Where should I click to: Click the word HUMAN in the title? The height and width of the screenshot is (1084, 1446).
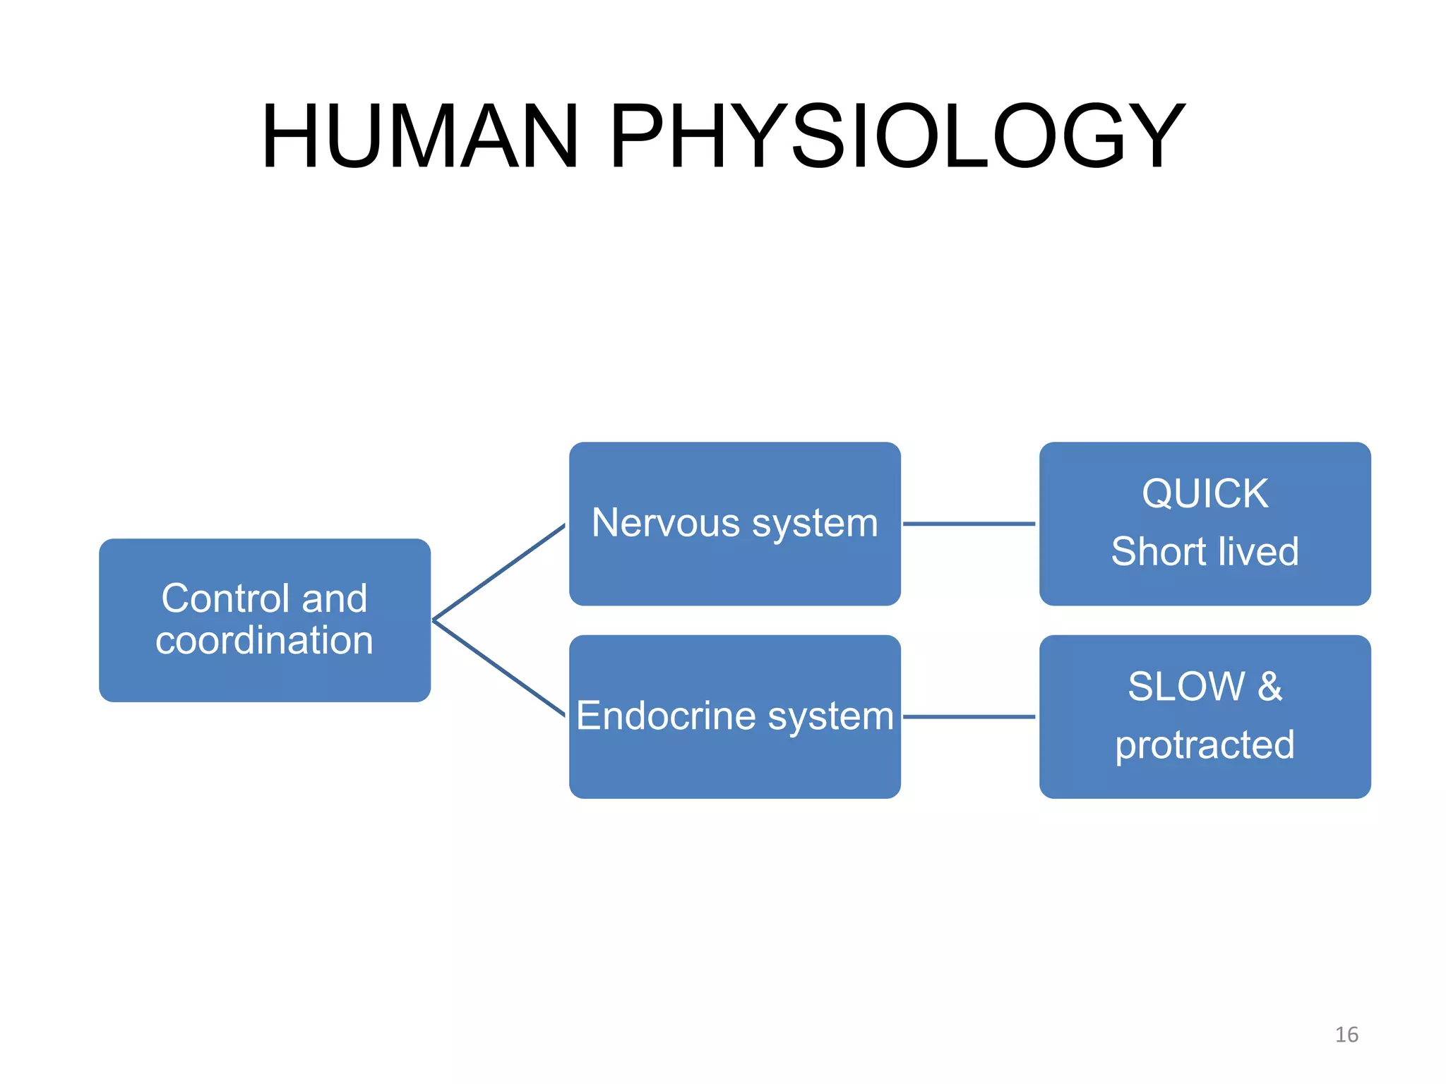click(x=421, y=136)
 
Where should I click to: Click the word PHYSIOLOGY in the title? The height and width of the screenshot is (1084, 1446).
click(x=896, y=136)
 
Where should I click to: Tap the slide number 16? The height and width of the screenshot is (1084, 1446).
click(x=1346, y=1035)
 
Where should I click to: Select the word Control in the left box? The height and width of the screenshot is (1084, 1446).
click(x=225, y=598)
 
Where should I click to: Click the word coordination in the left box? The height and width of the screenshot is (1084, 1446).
click(x=264, y=640)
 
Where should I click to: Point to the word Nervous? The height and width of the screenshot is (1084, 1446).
click(x=666, y=523)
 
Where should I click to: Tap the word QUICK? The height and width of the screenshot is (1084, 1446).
click(x=1205, y=493)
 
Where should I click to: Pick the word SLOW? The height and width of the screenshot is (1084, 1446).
click(x=1186, y=686)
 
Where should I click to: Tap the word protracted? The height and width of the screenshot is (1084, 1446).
click(x=1205, y=745)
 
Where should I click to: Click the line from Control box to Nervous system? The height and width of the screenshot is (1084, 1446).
click(x=498, y=572)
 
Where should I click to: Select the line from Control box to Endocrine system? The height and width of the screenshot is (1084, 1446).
click(x=498, y=668)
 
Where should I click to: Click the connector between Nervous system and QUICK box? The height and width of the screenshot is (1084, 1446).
click(x=969, y=524)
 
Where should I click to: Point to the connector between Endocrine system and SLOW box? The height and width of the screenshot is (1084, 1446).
click(x=969, y=716)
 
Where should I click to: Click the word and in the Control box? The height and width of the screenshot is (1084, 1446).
click(x=335, y=598)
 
